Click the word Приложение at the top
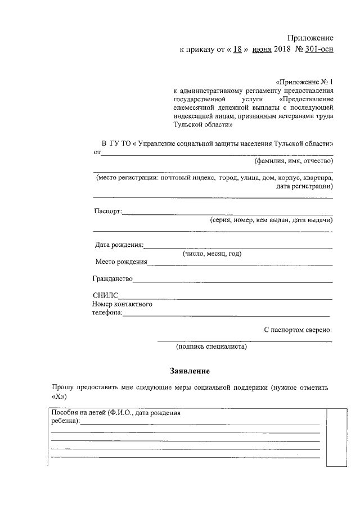coord(310,38)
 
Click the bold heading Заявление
coord(190,372)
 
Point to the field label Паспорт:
coord(108,212)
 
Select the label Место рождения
coord(121,262)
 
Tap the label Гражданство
coord(112,279)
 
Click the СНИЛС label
coord(105,296)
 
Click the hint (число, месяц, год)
coord(211,254)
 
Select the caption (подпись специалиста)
coord(211,347)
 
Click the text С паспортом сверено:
coord(298,330)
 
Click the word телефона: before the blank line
coord(107,313)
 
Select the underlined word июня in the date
coord(262,49)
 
